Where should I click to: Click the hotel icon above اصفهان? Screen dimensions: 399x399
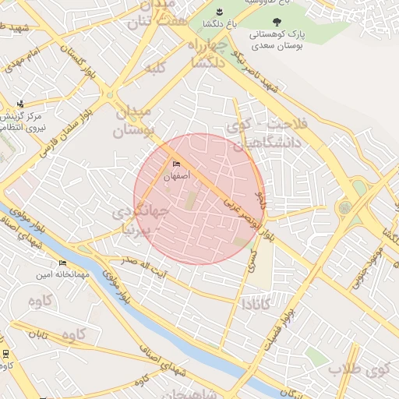pyautogui.click(x=176, y=164)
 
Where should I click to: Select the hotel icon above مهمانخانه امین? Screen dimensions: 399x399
pyautogui.click(x=62, y=263)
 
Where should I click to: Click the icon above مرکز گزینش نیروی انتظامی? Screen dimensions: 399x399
pyautogui.click(x=20, y=104)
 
